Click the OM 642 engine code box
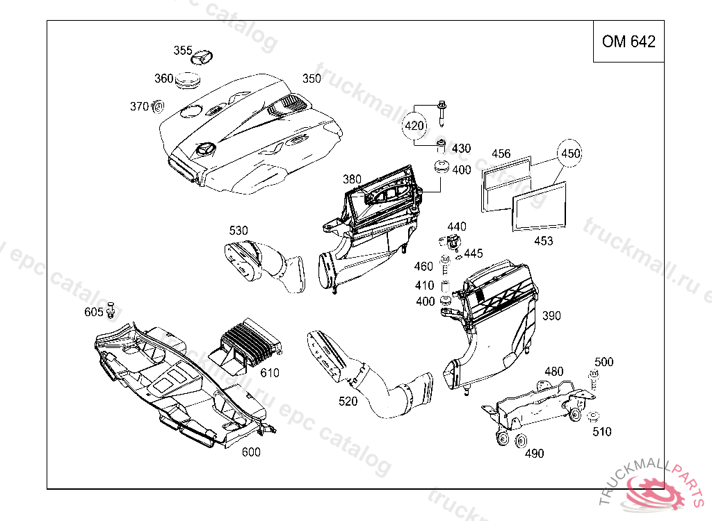629,42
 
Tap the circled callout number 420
414,126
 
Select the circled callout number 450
570,153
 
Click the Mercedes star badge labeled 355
202,57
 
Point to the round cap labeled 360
187,81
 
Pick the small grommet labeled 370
158,106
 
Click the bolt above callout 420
442,113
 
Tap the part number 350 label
311,78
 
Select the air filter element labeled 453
540,208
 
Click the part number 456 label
501,154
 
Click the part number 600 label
250,452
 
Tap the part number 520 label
348,401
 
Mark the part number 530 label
238,230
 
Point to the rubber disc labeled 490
521,442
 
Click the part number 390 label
551,316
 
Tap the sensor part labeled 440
450,242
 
